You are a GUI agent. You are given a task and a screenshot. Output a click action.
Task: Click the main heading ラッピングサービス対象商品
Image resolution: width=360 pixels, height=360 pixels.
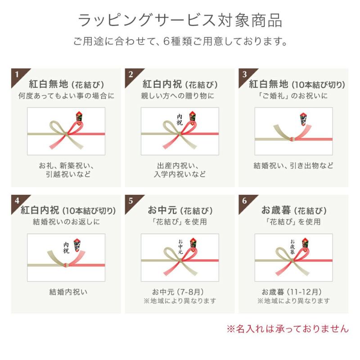[x=180, y=21]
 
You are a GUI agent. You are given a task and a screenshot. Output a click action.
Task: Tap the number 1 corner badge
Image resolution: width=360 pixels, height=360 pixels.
[x=18, y=75]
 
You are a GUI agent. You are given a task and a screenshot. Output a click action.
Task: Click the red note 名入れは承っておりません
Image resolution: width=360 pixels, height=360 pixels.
[x=288, y=329]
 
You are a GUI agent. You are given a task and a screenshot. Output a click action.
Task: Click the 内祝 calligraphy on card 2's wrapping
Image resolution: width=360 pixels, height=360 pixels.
[x=180, y=120]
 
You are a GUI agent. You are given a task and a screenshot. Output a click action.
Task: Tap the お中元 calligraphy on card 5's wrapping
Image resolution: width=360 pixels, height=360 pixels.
[x=180, y=247]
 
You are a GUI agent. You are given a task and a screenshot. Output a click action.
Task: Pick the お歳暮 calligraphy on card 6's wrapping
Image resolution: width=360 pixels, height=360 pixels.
[x=292, y=247]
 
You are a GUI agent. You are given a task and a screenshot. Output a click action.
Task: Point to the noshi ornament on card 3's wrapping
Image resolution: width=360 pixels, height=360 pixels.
[x=303, y=119]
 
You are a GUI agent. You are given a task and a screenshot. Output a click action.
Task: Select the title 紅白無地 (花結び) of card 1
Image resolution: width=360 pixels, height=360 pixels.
[x=66, y=84]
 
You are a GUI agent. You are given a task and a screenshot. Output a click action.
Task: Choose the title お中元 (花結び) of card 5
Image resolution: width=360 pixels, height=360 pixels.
[x=180, y=210]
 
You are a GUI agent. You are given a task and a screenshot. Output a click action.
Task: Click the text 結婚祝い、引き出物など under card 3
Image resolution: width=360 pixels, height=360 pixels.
[x=293, y=166]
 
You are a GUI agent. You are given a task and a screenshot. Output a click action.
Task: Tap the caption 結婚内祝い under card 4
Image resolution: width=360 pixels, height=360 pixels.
[x=68, y=292]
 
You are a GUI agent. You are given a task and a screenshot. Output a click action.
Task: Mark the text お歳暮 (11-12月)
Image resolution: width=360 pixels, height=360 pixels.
[x=292, y=292]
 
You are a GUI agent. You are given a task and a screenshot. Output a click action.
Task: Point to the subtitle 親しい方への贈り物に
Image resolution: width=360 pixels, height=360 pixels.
[x=178, y=95]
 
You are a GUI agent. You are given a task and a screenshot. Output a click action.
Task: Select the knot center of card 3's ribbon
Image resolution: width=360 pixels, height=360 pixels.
[x=292, y=139]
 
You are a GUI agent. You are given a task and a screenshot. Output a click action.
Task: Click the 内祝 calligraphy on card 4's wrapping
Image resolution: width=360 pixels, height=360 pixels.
[x=66, y=247]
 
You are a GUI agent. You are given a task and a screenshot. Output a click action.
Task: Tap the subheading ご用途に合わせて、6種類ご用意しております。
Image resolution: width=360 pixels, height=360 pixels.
[x=180, y=41]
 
